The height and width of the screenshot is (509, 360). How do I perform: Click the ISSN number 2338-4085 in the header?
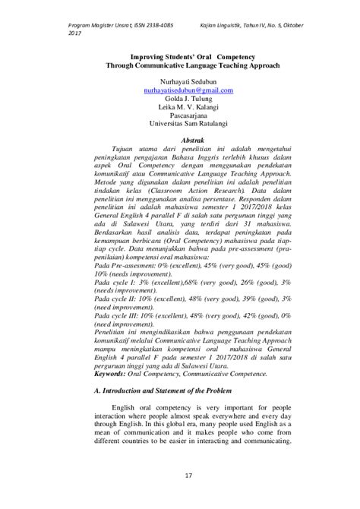click(x=148, y=15)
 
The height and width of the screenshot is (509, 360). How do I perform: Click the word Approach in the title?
click(x=271, y=65)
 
